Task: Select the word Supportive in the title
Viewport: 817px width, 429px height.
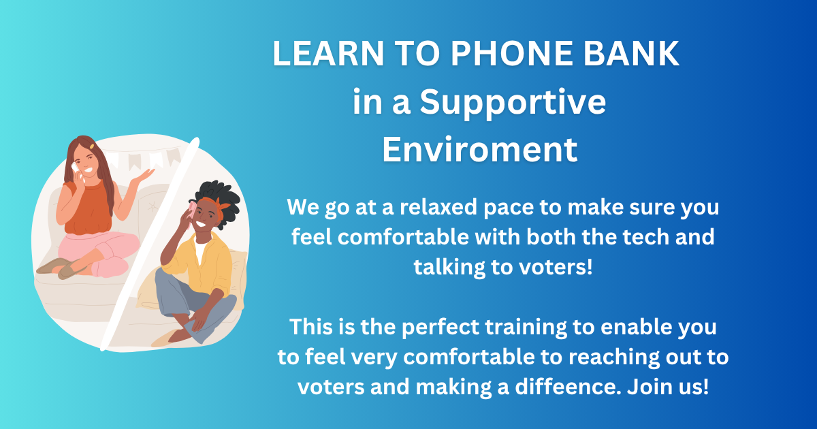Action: pos(512,102)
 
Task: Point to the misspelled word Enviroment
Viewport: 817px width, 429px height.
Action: pos(479,149)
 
